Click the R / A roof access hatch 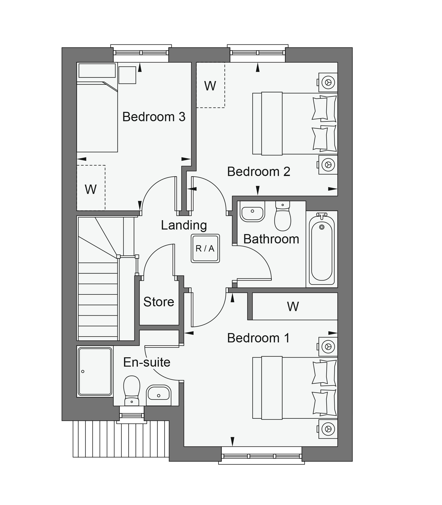click(x=205, y=248)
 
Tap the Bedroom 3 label click(x=154, y=117)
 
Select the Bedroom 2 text click(x=258, y=172)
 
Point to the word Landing click(x=184, y=225)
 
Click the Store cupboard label click(x=159, y=302)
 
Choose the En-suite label click(x=147, y=362)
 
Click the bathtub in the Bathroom click(x=322, y=249)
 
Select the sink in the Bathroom click(x=252, y=212)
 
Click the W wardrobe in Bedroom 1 click(x=293, y=306)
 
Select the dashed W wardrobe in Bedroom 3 click(x=91, y=188)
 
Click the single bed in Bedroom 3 click(x=97, y=117)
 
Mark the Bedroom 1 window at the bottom click(x=261, y=457)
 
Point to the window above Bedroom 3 click(x=141, y=53)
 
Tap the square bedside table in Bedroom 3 click(x=127, y=75)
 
